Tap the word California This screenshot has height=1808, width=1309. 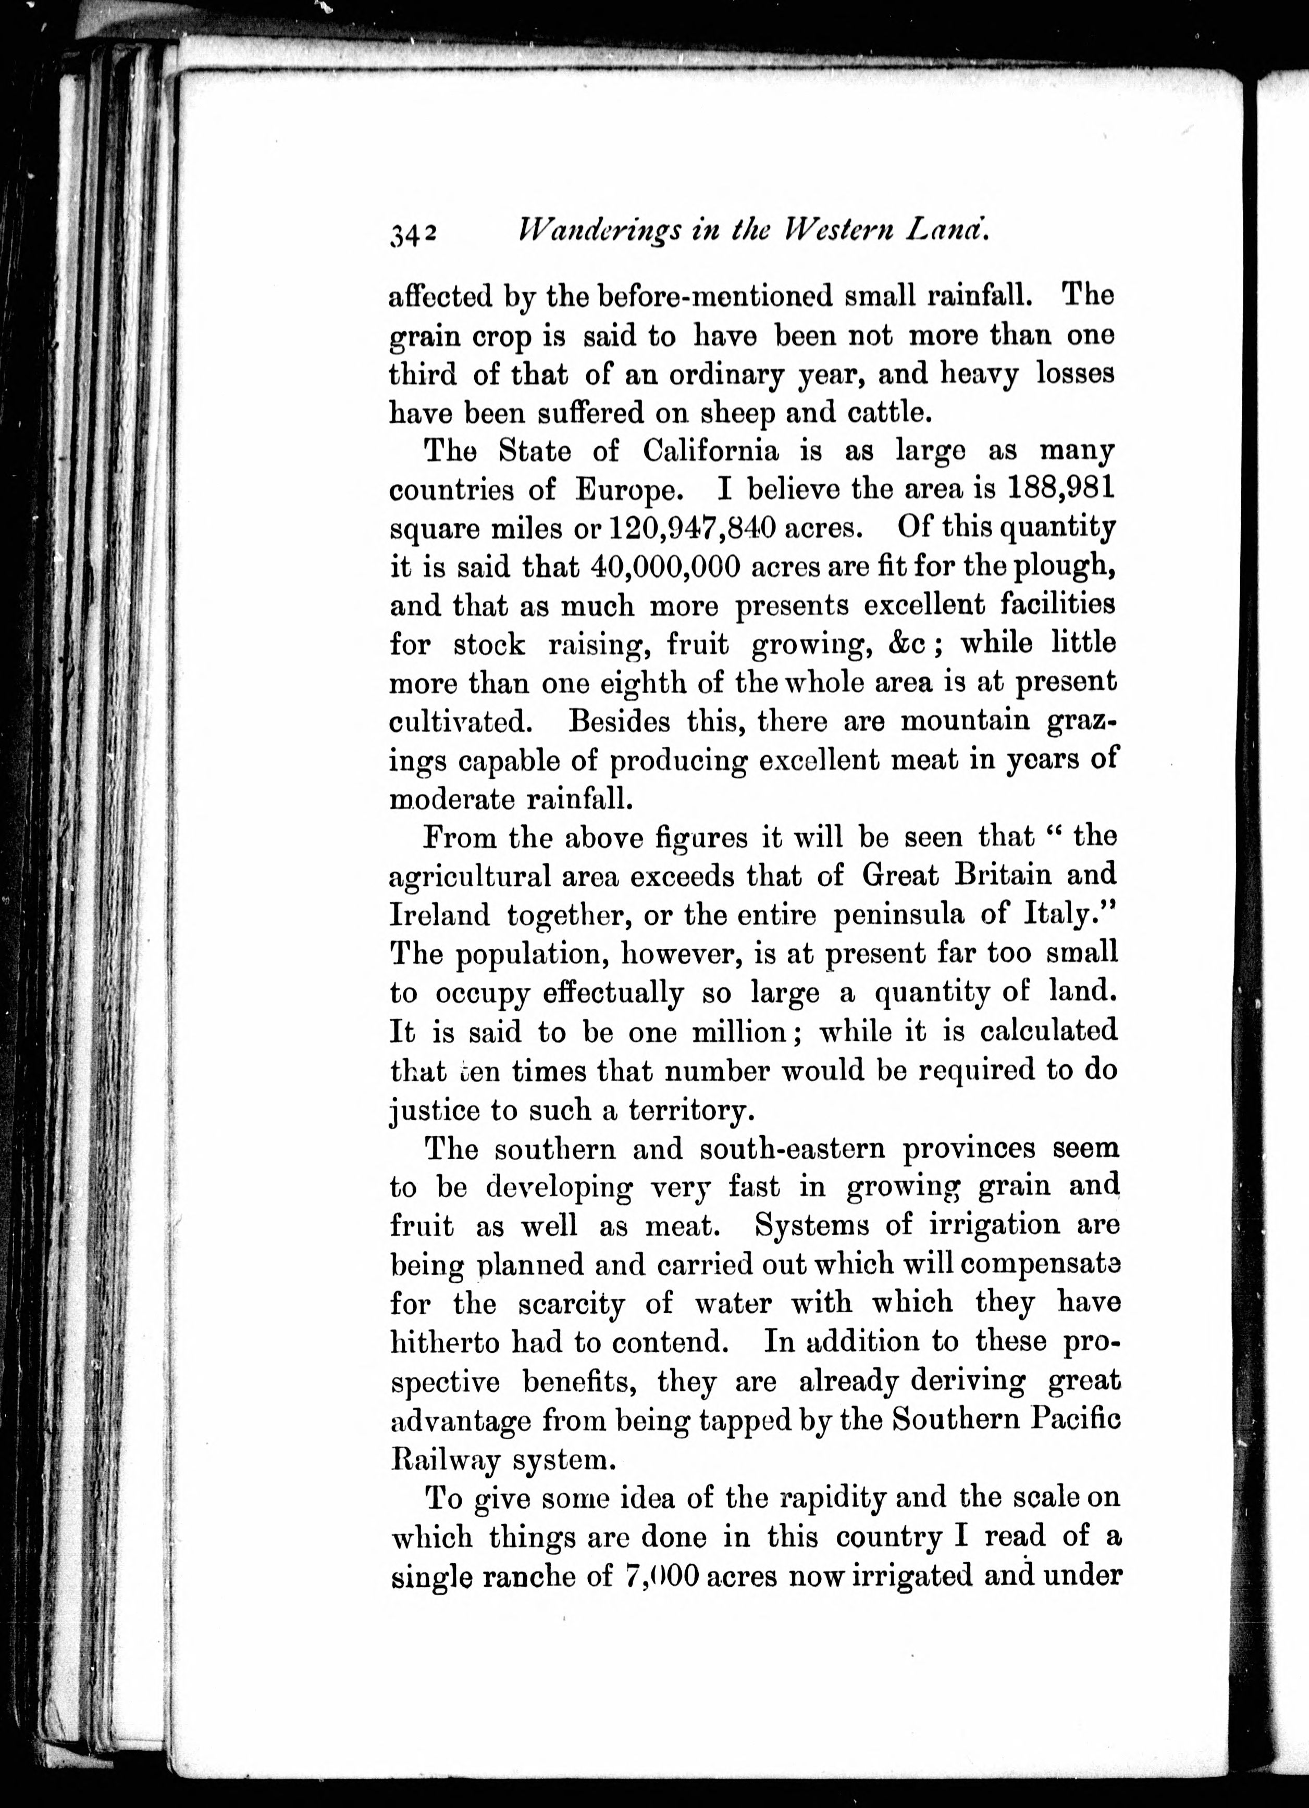710,451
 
